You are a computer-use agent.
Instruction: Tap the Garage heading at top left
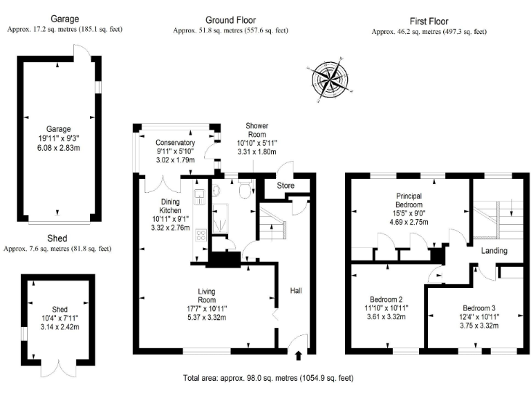coord(64,19)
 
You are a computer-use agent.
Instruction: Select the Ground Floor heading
coord(230,19)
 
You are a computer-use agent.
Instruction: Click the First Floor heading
coord(429,21)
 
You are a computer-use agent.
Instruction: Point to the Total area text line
coord(268,378)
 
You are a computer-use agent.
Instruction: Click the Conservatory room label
coord(175,142)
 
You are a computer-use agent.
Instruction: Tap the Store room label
coord(286,185)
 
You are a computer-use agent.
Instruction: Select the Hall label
coord(296,291)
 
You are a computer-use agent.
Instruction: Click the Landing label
coord(495,251)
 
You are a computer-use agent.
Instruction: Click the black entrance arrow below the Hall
coord(299,357)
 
